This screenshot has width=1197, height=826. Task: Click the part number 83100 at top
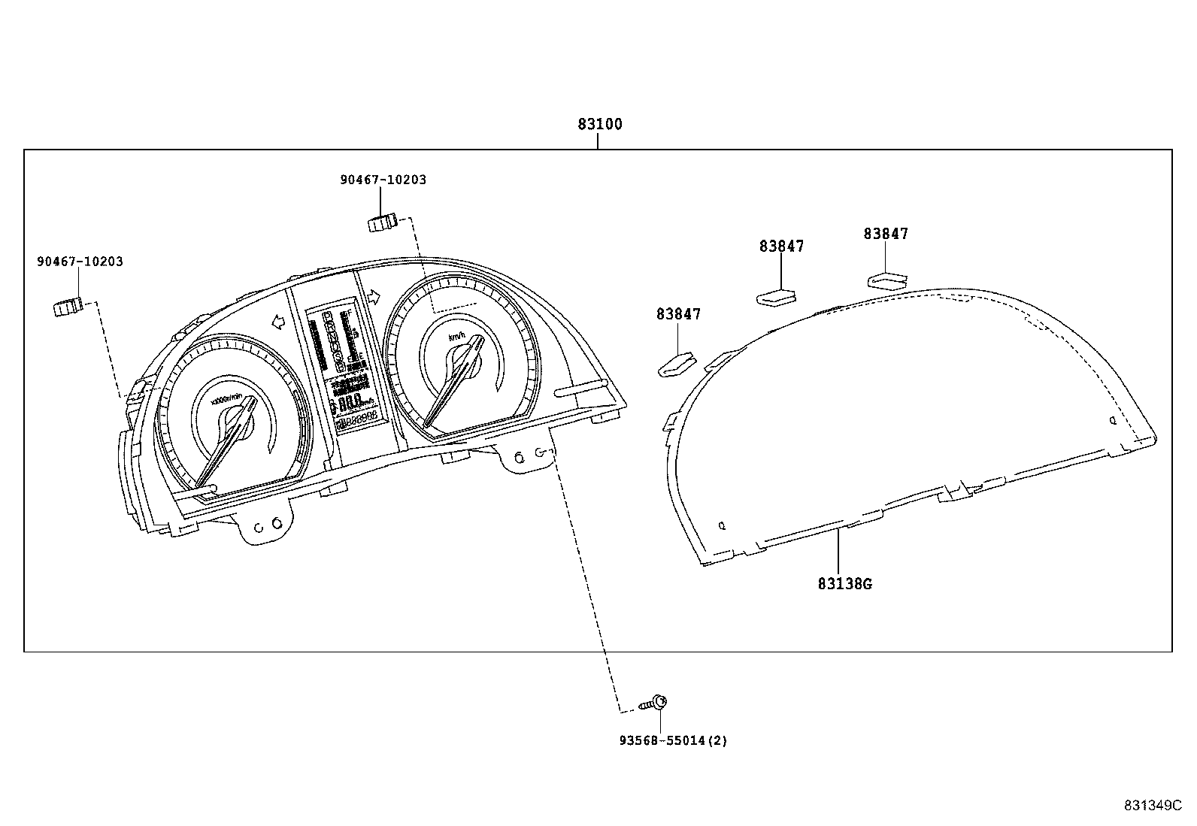pos(599,125)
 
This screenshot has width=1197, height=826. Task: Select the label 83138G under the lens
pos(844,583)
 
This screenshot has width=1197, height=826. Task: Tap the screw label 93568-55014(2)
pos(673,741)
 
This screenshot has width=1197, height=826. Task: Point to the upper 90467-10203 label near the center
pos(383,180)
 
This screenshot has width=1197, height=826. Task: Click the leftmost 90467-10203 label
pos(80,262)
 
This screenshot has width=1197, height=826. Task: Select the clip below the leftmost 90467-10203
pos(68,307)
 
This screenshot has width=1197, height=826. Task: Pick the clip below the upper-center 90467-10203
pos(383,222)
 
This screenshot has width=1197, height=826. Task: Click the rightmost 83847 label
pos(886,234)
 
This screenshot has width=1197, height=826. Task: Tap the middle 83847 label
pos(781,246)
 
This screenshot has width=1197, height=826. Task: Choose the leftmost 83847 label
pos(678,314)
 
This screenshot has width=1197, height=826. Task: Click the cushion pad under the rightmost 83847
pos(887,280)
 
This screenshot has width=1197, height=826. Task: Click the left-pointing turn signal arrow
pos(277,322)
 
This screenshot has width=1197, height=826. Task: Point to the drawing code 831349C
pos(1153,805)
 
